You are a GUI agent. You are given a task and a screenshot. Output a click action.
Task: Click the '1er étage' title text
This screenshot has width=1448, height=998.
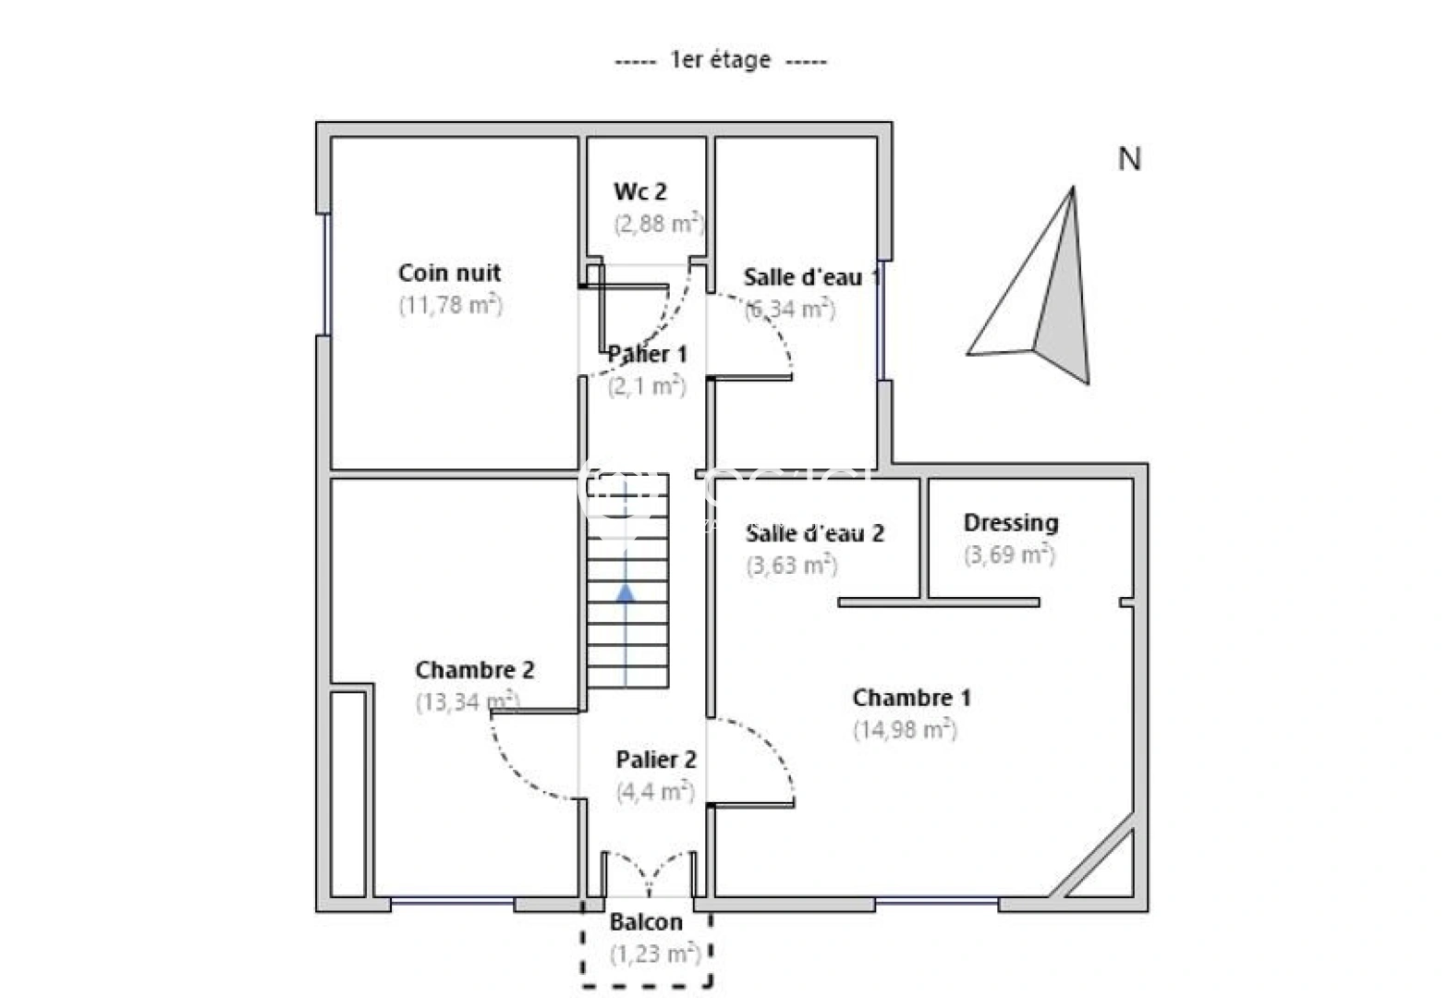coord(720,60)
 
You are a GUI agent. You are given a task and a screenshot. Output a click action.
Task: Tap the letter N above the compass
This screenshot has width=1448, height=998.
coord(1129,159)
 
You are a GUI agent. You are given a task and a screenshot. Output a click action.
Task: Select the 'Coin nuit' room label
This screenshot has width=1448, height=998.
coord(449,273)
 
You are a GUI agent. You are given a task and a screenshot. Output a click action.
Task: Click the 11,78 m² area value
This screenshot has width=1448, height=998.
coord(450,305)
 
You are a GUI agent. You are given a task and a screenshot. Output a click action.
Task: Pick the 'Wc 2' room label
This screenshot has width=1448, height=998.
coord(639,191)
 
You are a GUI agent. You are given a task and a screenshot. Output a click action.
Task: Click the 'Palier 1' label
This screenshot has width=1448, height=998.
coord(647,354)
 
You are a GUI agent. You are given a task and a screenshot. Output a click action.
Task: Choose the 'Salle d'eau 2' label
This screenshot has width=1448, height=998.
coord(814,533)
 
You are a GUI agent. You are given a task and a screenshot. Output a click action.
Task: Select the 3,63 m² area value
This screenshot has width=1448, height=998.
coord(791,565)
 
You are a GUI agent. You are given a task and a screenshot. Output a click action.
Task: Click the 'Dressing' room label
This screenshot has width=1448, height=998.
coord(1010,522)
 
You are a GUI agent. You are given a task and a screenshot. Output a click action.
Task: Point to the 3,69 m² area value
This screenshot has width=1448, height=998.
coord(1008,554)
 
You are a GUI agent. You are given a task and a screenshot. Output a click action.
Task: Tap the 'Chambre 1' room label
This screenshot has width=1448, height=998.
coord(911,698)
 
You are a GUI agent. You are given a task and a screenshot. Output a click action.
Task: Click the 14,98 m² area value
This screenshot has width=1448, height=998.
coord(904,730)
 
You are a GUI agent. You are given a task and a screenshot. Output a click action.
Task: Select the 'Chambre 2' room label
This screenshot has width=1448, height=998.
coord(474,669)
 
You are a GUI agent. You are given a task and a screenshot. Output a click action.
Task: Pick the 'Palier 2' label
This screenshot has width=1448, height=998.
coord(656,760)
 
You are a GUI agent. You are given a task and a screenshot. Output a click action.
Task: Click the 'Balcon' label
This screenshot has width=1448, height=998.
coord(646,921)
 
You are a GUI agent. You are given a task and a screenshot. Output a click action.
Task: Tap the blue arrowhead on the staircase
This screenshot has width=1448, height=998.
coord(626,592)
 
